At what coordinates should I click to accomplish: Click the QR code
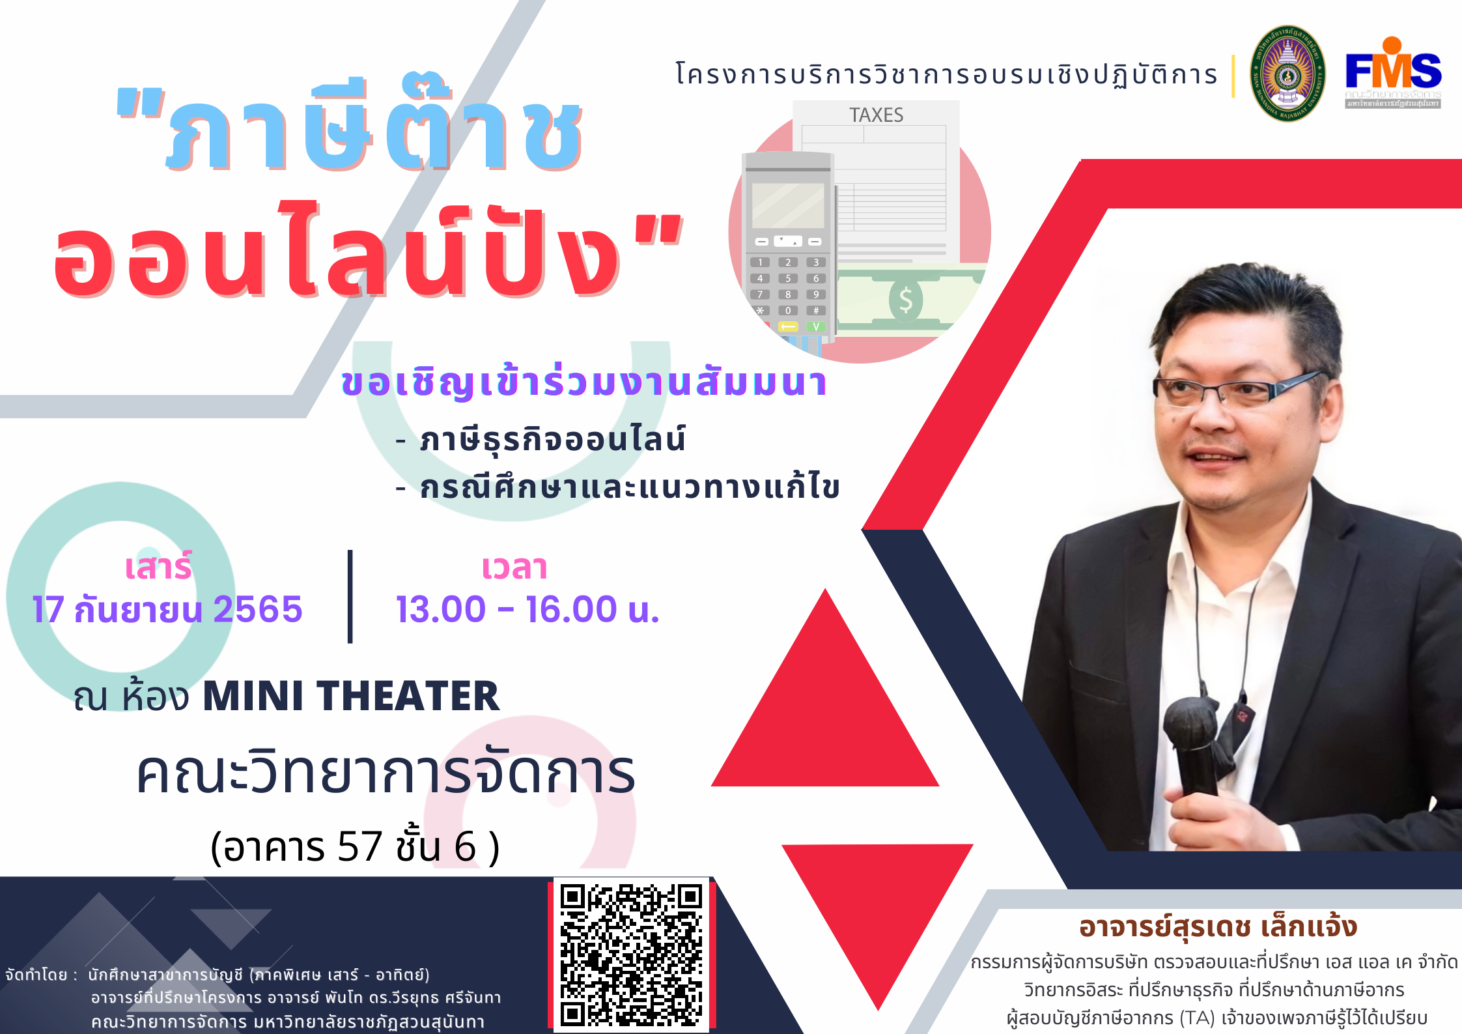click(631, 955)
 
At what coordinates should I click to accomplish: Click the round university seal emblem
click(1287, 74)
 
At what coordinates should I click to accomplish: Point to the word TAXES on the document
click(876, 115)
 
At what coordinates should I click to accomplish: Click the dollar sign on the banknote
click(906, 300)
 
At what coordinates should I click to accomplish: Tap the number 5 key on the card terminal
click(788, 278)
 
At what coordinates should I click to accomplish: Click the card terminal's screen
click(788, 205)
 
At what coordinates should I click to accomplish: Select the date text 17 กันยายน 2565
click(167, 610)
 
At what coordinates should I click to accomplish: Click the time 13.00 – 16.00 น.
click(527, 610)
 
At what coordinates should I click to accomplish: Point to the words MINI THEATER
click(351, 696)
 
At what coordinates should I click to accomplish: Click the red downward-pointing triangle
click(878, 912)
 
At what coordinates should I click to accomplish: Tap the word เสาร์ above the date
click(158, 566)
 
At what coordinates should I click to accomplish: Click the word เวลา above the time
click(514, 567)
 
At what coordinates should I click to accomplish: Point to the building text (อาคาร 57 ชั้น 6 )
click(355, 847)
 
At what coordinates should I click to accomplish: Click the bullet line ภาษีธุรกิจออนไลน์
click(552, 439)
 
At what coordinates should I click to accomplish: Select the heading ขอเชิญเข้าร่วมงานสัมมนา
click(584, 382)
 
